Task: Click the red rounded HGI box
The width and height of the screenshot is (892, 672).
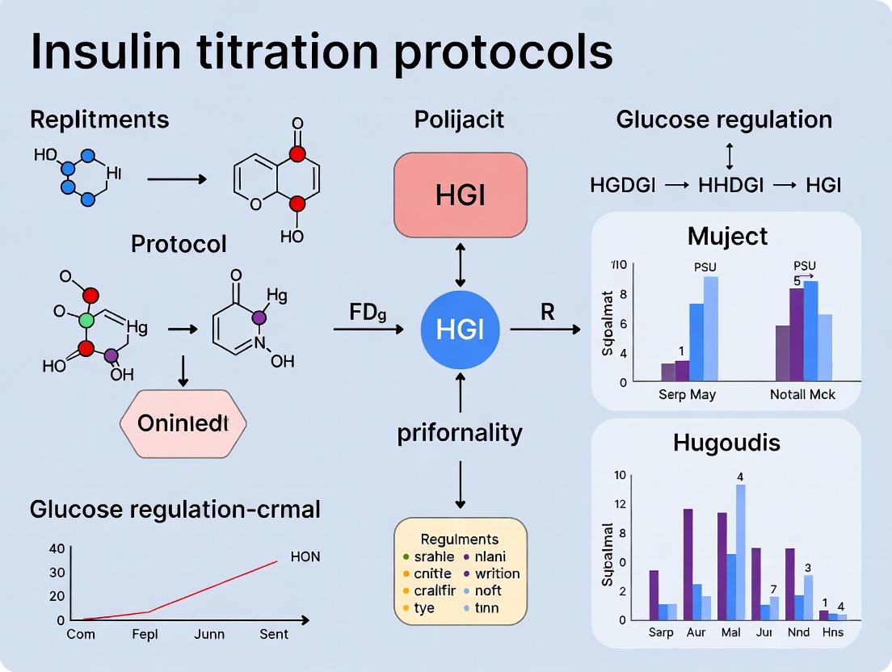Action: click(460, 195)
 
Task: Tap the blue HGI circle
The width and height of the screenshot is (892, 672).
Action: click(460, 329)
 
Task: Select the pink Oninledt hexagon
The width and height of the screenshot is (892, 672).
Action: click(183, 422)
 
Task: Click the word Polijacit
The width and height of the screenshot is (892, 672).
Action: click(459, 120)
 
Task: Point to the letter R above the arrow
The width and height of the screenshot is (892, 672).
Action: click(548, 312)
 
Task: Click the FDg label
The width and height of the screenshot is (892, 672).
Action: click(368, 313)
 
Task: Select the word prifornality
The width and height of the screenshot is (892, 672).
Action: click(460, 433)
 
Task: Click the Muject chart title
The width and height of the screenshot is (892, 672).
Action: click(727, 236)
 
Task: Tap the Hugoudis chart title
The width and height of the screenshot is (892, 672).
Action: click(727, 442)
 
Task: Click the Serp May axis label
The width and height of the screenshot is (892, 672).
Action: click(686, 395)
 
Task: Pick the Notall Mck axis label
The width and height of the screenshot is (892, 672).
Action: click(802, 395)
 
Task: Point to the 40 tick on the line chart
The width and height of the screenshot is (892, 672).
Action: click(57, 548)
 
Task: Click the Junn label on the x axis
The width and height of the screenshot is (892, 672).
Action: click(209, 634)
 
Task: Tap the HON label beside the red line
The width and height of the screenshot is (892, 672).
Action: click(305, 556)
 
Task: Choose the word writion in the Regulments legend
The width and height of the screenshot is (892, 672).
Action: click(497, 573)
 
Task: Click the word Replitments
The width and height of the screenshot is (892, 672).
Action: click(99, 120)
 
